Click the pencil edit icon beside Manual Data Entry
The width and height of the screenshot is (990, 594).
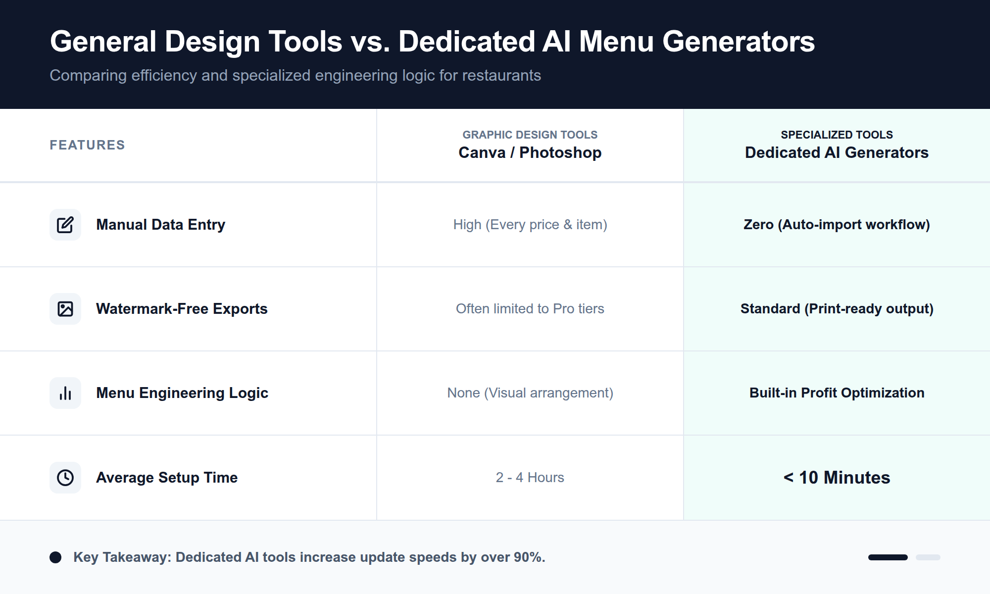click(65, 225)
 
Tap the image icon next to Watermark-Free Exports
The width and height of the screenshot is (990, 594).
click(65, 309)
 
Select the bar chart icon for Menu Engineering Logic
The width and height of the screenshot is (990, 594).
click(65, 393)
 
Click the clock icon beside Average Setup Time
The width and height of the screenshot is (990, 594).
click(65, 478)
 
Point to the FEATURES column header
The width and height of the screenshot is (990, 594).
click(87, 145)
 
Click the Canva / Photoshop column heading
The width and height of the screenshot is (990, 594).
click(530, 152)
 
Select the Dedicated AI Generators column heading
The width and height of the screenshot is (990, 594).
click(837, 152)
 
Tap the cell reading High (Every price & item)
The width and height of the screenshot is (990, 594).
click(530, 225)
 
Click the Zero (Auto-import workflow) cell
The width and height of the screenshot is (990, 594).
click(837, 225)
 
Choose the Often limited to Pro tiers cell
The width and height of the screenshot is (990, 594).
click(530, 309)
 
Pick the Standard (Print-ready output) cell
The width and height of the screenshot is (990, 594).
click(837, 309)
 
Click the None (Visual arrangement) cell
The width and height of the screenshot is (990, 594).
click(530, 393)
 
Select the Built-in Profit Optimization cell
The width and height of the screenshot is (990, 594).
click(837, 393)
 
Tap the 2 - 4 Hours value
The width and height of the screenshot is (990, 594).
click(530, 478)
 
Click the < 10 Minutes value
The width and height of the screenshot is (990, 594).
click(837, 478)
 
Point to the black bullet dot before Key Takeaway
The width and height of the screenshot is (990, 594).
click(55, 557)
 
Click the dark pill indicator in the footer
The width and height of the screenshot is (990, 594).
click(888, 557)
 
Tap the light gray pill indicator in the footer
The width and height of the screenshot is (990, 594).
click(928, 557)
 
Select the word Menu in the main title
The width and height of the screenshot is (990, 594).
click(616, 42)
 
